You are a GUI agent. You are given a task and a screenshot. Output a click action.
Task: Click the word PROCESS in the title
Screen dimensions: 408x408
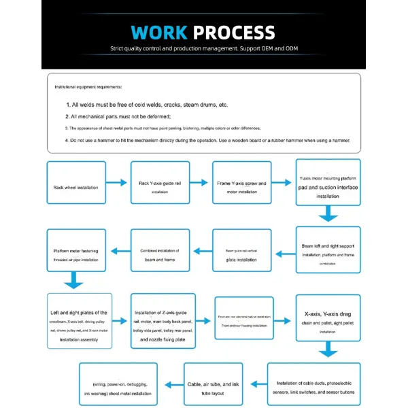(x=233, y=33)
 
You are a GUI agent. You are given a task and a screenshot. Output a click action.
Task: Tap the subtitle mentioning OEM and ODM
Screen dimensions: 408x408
(x=204, y=49)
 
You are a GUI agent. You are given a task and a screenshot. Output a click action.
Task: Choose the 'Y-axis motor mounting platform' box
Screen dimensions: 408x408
(x=328, y=181)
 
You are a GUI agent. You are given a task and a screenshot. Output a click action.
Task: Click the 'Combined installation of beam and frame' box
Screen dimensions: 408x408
(x=159, y=250)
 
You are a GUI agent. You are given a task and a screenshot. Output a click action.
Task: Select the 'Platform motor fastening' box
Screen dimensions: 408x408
(x=76, y=250)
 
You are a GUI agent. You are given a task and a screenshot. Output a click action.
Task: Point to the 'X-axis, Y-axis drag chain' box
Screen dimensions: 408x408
(x=328, y=318)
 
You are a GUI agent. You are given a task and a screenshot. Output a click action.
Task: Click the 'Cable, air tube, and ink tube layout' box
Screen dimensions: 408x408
(x=212, y=384)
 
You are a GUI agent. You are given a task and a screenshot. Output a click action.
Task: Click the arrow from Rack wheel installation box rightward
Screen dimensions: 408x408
(x=118, y=182)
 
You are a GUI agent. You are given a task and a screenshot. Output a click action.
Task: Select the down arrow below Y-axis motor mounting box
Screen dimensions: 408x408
(x=328, y=215)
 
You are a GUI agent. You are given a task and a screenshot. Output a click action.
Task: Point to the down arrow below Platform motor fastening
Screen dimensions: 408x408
(x=74, y=280)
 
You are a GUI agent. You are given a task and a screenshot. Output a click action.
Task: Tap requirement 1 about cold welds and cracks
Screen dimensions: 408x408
(x=150, y=105)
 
